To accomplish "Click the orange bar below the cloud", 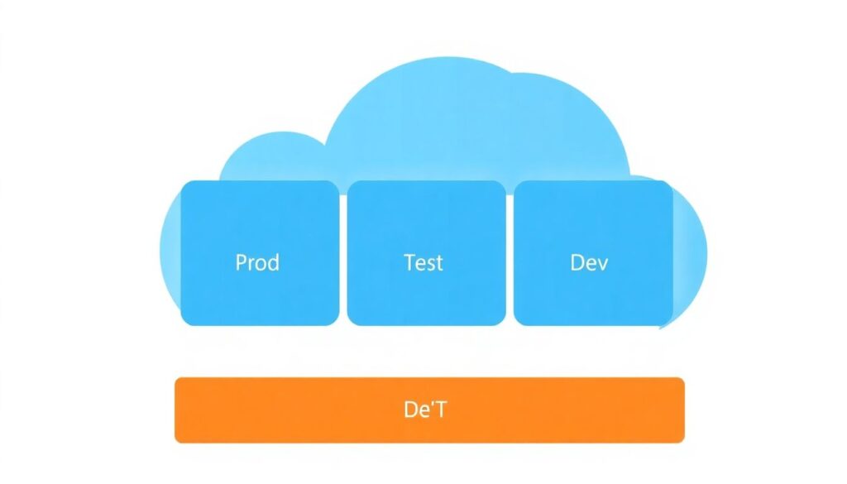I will pyautogui.click(x=429, y=410).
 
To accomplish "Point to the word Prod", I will pyautogui.click(x=257, y=263).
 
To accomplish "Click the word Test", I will pyautogui.click(x=423, y=263).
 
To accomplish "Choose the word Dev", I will pyautogui.click(x=590, y=263).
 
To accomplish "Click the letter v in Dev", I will pyautogui.click(x=603, y=265).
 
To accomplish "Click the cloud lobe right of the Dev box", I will pyautogui.click(x=691, y=248).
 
